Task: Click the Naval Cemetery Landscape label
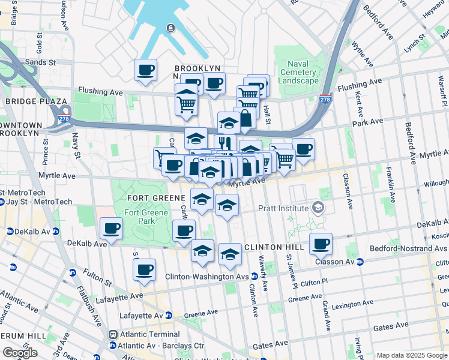pyautogui.click(x=298, y=72)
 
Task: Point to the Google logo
pyautogui.click(x=20, y=353)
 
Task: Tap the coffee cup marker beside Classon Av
pyautogui.click(x=322, y=244)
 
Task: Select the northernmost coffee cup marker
pyautogui.click(x=145, y=70)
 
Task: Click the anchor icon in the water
pyautogui.click(x=171, y=28)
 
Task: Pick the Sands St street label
pyautogui.click(x=41, y=62)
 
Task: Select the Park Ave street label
pyautogui.click(x=367, y=122)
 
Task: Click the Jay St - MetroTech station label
pyautogui.click(x=40, y=202)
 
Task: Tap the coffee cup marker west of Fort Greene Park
pyautogui.click(x=112, y=229)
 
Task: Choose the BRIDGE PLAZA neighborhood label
pyautogui.click(x=31, y=101)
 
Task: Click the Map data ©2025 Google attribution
pyautogui.click(x=411, y=355)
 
